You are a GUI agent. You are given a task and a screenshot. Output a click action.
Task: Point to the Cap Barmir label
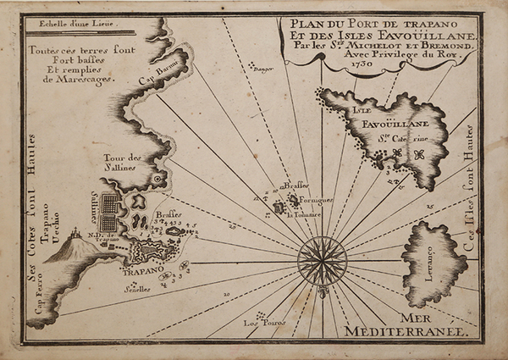point(158,84)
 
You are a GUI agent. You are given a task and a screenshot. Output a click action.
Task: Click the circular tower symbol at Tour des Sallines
point(157,180)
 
